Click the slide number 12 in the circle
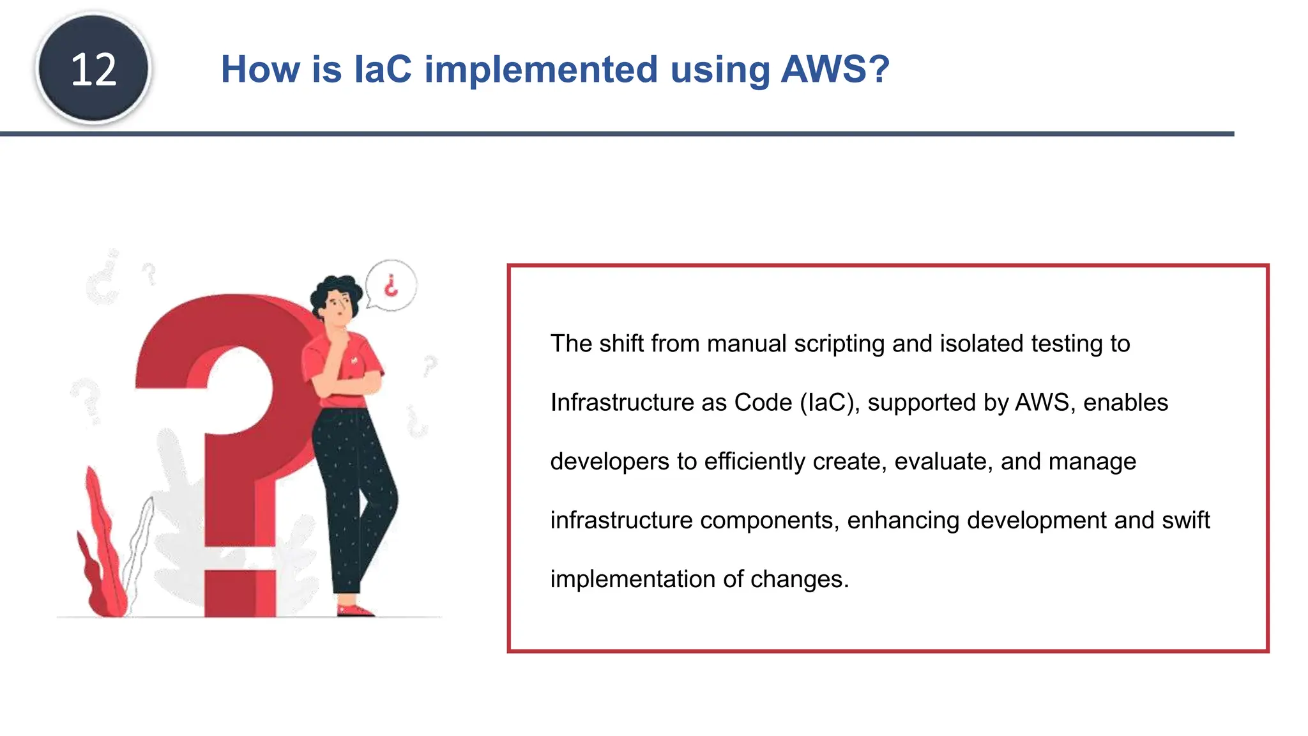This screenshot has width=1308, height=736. (93, 69)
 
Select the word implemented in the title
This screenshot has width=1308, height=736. (541, 69)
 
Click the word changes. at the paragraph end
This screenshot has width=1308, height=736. (799, 579)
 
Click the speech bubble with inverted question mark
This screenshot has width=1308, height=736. (392, 286)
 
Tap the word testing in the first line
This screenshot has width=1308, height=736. (1067, 344)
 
